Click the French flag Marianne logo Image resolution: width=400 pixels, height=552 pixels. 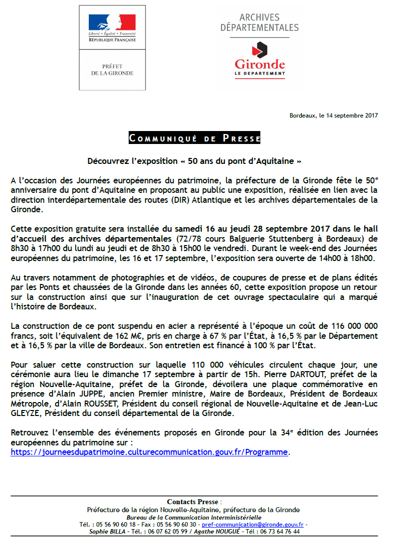[x=112, y=22]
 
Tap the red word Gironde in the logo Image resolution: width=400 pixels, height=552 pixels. [x=260, y=64]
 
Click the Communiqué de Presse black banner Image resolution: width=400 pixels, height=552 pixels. [x=195, y=138]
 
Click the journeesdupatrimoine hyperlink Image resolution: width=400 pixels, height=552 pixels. [x=150, y=452]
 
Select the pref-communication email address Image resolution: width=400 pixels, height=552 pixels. [x=253, y=525]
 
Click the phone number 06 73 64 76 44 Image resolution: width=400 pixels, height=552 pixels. [x=280, y=532]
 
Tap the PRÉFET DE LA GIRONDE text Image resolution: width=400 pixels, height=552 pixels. [x=112, y=70]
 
